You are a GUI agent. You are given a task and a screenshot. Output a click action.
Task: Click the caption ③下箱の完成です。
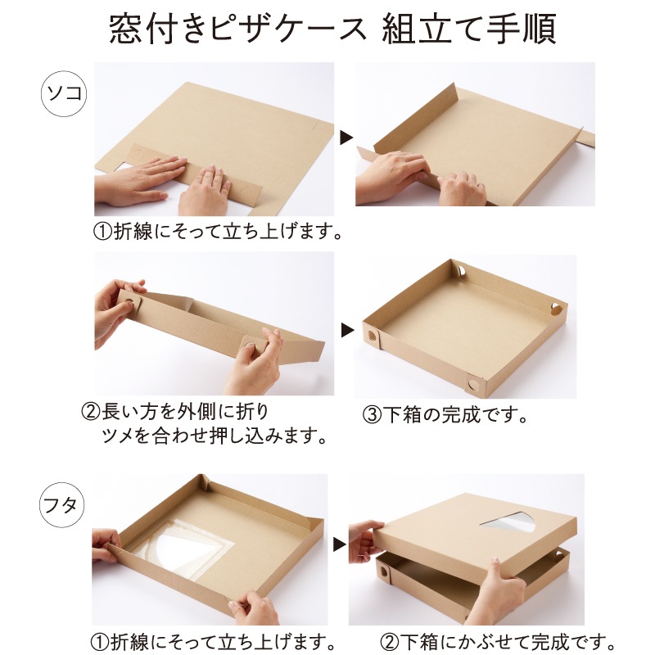[x=445, y=413]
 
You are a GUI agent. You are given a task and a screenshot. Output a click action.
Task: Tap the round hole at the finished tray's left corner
[x=373, y=336]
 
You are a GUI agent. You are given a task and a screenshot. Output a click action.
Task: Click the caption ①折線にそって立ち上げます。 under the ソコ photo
[x=216, y=232]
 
